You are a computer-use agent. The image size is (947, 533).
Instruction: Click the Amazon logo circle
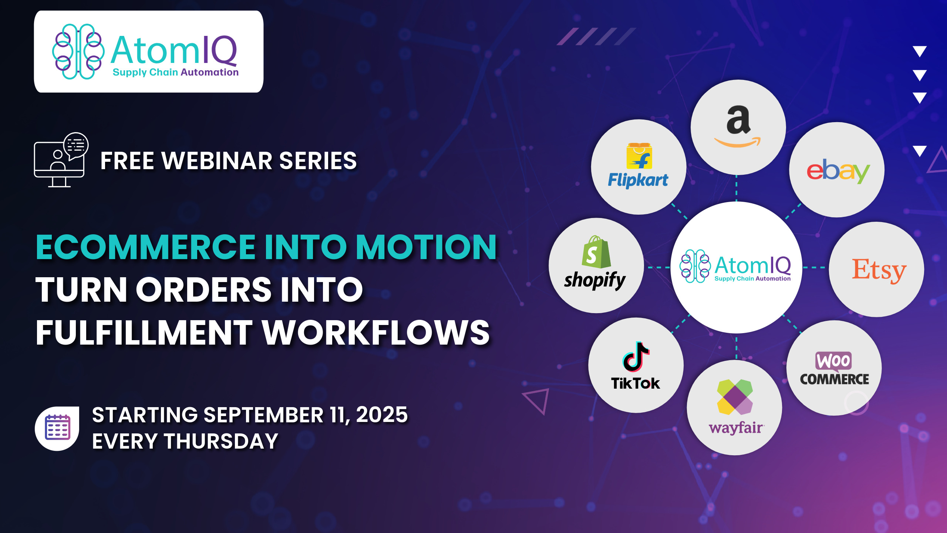[738, 127]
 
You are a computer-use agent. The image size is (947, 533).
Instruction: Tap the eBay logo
[838, 171]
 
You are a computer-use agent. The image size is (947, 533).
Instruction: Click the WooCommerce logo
[834, 369]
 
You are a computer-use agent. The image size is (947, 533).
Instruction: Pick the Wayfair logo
[735, 407]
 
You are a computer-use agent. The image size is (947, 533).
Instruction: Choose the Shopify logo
[595, 263]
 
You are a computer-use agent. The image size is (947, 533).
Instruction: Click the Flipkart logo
[638, 165]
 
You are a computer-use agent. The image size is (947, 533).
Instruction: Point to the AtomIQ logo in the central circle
[735, 266]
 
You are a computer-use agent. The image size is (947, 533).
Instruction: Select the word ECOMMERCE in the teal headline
[146, 247]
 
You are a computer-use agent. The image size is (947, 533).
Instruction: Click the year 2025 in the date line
[382, 415]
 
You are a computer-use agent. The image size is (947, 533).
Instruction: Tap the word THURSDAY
[221, 441]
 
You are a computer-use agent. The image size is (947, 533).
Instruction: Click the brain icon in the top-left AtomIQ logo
[78, 51]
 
